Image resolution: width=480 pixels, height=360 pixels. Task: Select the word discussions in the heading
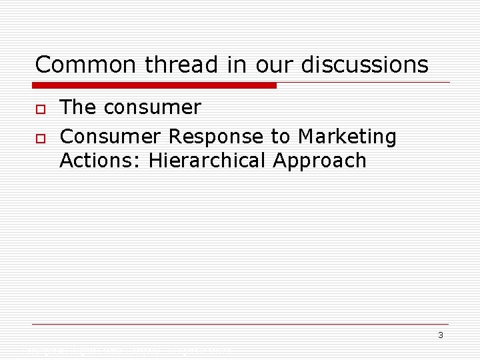click(x=365, y=65)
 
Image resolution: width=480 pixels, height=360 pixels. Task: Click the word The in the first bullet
click(x=77, y=107)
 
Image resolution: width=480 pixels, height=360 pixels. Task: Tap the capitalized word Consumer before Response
click(x=110, y=137)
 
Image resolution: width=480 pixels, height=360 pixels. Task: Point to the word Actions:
click(x=100, y=161)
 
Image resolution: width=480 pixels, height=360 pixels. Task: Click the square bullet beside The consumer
click(x=41, y=109)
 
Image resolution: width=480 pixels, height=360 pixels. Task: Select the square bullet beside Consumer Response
click(x=41, y=138)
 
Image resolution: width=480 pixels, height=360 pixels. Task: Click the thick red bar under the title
click(x=154, y=85)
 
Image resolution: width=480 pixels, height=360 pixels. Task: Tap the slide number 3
click(x=441, y=335)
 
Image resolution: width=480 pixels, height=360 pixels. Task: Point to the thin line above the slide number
click(x=240, y=325)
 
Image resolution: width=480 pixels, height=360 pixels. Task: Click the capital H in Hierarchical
click(x=155, y=161)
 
